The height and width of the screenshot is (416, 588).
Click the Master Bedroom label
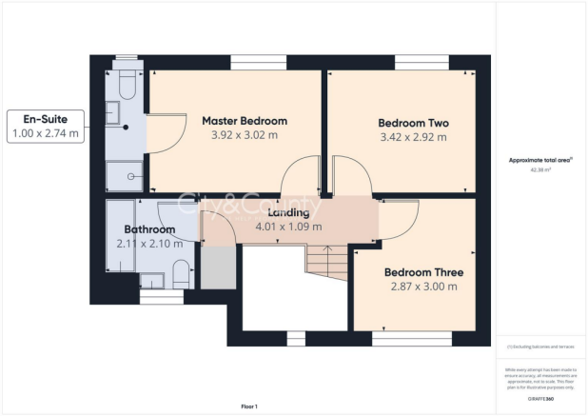tap(244, 121)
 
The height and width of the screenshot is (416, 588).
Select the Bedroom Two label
tap(413, 123)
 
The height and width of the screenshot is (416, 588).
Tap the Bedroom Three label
tap(423, 269)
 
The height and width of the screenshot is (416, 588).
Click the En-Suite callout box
tap(45, 127)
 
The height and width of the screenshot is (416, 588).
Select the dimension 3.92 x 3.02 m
tap(244, 137)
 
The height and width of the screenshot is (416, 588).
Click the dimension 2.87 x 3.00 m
tap(423, 286)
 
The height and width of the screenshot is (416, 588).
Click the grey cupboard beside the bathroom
tap(218, 265)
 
